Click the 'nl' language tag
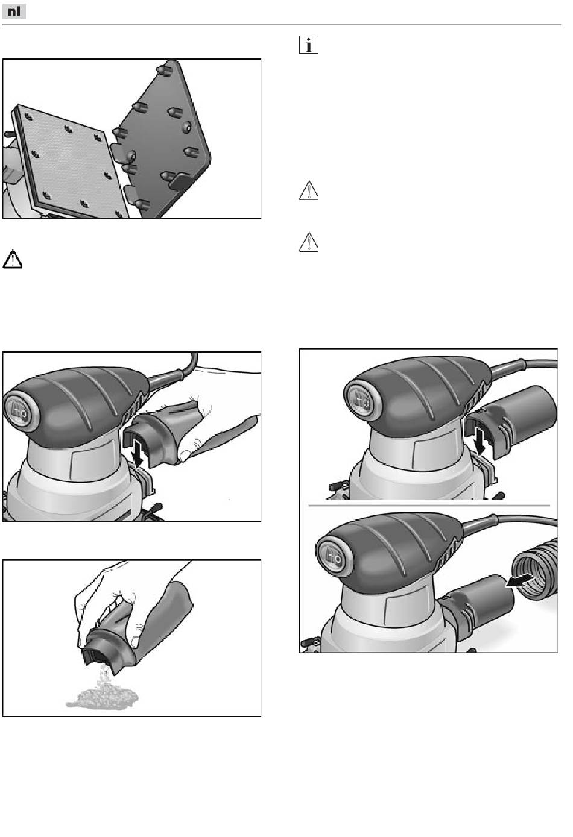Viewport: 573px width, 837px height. click(14, 11)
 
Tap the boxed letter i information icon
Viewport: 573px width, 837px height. click(309, 45)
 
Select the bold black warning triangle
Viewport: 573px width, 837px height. click(12, 259)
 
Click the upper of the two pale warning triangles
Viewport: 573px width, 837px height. click(309, 190)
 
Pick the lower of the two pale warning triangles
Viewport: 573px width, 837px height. click(309, 242)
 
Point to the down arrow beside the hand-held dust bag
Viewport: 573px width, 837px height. click(138, 453)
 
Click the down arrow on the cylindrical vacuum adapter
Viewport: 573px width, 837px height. click(481, 439)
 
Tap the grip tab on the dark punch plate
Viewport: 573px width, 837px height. click(180, 181)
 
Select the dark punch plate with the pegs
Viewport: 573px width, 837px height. click(162, 138)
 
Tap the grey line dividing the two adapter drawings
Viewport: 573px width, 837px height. click(429, 505)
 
